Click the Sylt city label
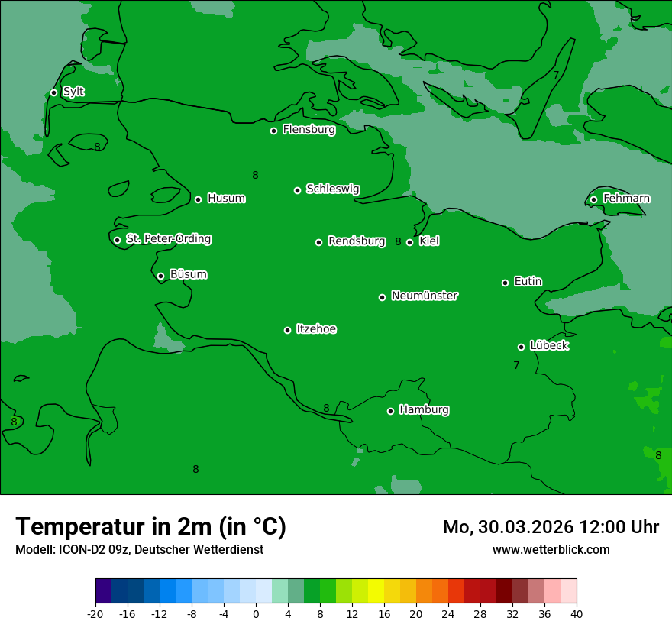click(x=73, y=92)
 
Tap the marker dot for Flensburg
click(x=273, y=131)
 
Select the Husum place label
click(x=226, y=199)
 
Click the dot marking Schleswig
click(x=297, y=190)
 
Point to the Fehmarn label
click(x=626, y=199)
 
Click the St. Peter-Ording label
click(x=168, y=239)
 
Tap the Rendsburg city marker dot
click(x=318, y=242)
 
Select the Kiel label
click(x=428, y=241)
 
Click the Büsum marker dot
click(x=160, y=276)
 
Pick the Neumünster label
click(x=425, y=296)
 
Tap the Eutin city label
click(x=528, y=282)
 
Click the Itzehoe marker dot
click(x=287, y=330)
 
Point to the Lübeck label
click(x=548, y=346)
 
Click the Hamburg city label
click(x=424, y=410)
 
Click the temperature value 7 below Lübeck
click(x=516, y=366)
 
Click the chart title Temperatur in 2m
click(x=150, y=526)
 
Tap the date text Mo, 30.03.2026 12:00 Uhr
click(x=551, y=527)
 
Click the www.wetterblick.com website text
click(x=551, y=549)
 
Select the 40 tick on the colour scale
click(x=576, y=613)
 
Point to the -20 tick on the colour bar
click(x=95, y=613)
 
